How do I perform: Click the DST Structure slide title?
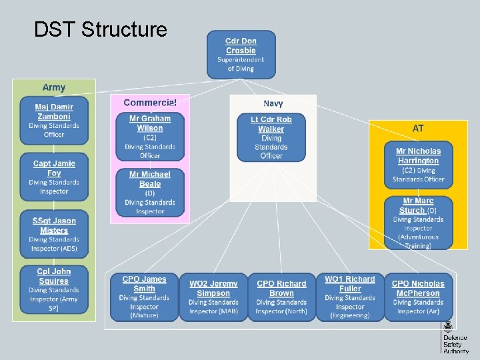point(100,30)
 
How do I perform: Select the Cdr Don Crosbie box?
point(241,55)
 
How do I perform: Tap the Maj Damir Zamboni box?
point(54,121)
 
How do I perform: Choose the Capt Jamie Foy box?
point(54,177)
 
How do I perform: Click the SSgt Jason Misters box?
point(54,234)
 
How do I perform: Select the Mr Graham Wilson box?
point(150,137)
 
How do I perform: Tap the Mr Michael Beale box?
point(150,193)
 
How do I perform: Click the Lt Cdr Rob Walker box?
point(271,137)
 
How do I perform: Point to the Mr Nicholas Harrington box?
point(419,165)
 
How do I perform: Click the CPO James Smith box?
point(144,297)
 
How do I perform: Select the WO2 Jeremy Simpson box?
point(213,297)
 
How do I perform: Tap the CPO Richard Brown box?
point(281,297)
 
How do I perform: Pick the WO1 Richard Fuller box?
point(350,297)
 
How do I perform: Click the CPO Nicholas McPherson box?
point(418,297)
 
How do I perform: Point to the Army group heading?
point(54,87)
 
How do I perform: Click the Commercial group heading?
point(150,103)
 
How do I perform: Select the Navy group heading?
point(273,103)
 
